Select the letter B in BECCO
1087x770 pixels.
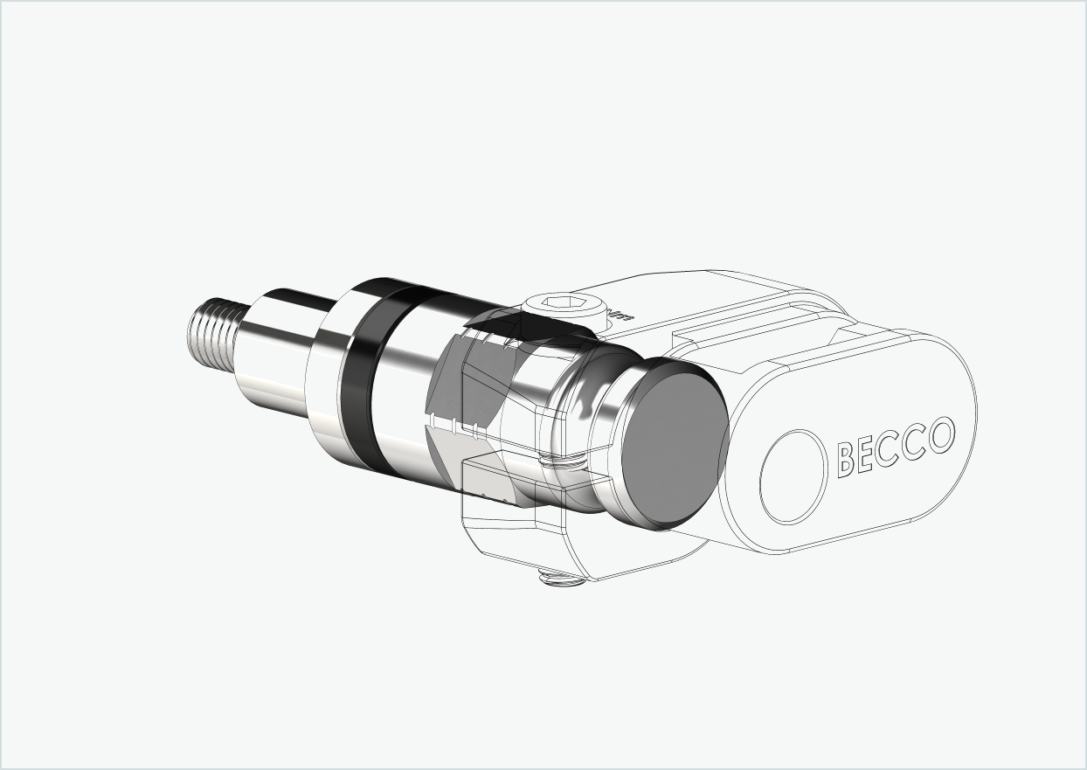(846, 459)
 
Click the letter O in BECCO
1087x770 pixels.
(940, 434)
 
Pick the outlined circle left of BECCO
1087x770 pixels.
(793, 476)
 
